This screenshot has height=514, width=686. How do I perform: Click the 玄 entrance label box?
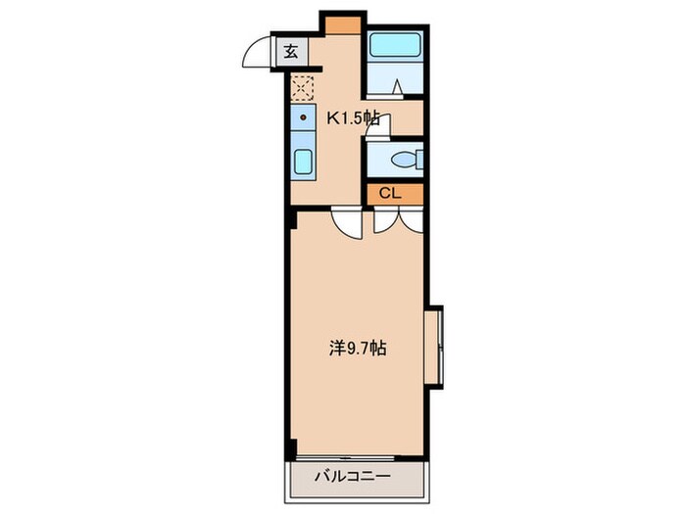click(292, 52)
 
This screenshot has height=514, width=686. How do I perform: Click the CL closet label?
click(389, 194)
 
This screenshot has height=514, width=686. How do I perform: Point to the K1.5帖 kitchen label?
click(353, 119)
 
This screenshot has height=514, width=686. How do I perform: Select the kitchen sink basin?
click(303, 163)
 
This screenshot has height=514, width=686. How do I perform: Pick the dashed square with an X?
click(301, 88)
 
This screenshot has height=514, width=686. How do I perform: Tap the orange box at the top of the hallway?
click(344, 23)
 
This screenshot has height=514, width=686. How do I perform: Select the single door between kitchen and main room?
click(346, 224)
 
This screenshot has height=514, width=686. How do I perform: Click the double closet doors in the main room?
click(399, 221)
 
